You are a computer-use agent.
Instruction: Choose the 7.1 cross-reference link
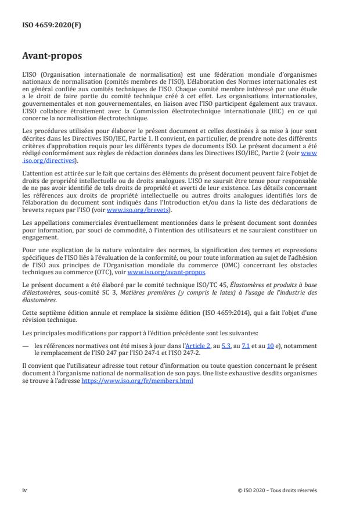click(x=244, y=345)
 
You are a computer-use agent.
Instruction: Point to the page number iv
click(x=24, y=490)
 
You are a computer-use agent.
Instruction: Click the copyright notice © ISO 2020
click(x=278, y=490)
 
